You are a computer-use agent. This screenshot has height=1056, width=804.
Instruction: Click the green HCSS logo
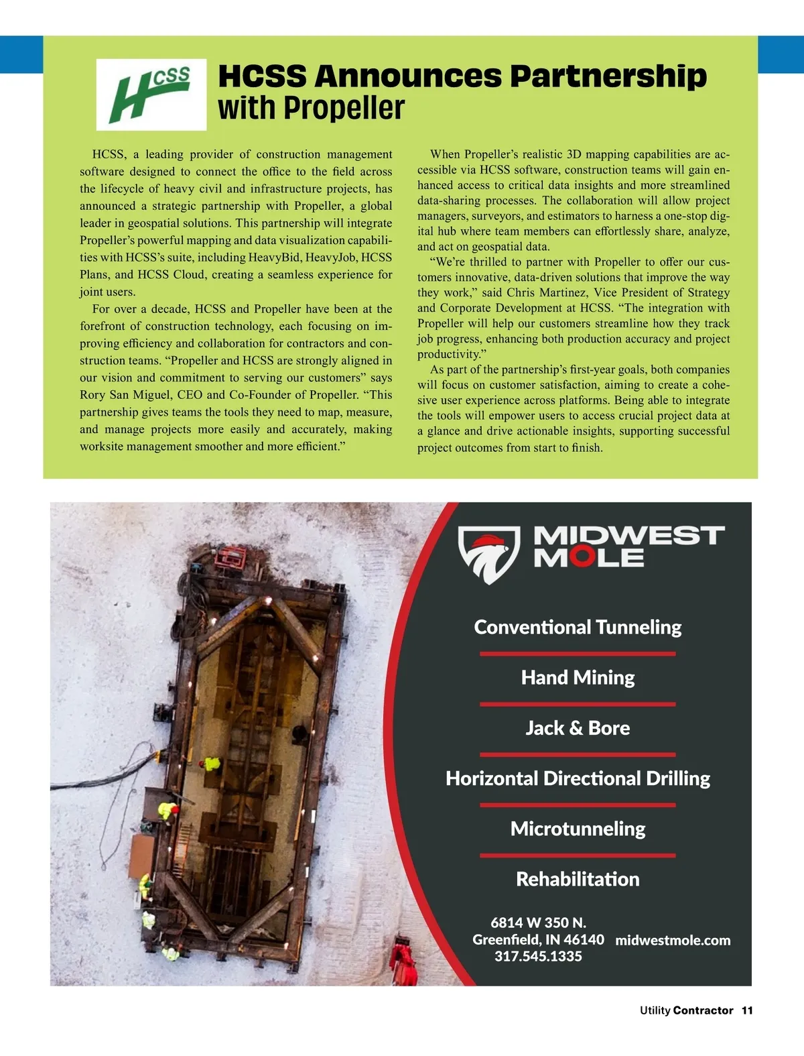[151, 94]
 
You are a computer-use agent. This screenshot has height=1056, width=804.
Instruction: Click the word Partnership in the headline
[608, 76]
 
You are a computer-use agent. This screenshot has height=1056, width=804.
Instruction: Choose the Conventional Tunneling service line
[578, 628]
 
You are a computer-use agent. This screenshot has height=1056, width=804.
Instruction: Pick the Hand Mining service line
[578, 678]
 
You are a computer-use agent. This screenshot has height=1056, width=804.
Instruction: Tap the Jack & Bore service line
[578, 728]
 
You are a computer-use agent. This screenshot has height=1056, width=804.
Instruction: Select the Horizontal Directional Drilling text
[578, 778]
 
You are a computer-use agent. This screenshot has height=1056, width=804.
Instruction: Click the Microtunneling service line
[578, 829]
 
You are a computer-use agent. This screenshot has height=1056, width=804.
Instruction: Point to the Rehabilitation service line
[578, 879]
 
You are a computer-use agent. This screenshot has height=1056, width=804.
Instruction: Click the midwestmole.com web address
[673, 940]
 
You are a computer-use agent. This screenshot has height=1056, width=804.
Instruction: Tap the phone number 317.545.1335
[538, 957]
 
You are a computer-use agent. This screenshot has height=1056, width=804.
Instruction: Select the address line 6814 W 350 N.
[538, 923]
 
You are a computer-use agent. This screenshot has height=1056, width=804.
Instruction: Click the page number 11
[747, 1010]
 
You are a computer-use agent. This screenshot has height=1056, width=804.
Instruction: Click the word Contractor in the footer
[703, 1010]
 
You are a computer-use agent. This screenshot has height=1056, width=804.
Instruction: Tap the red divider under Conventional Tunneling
[578, 654]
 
